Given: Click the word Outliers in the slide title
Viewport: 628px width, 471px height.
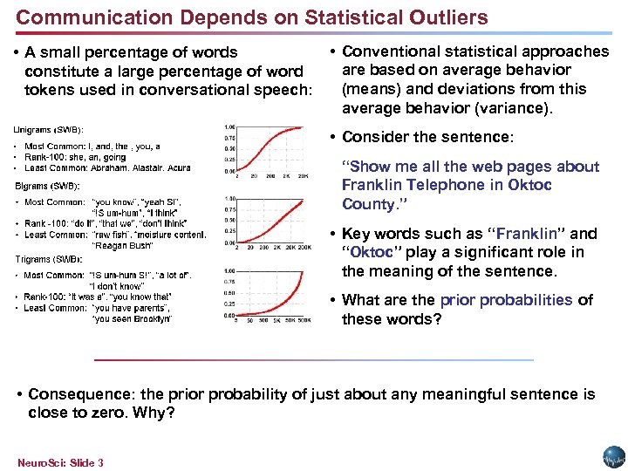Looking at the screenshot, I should click(440, 17).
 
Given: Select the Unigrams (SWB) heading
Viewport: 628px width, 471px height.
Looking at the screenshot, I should click(48, 129).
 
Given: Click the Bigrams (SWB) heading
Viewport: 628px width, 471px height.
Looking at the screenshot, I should click(48, 186).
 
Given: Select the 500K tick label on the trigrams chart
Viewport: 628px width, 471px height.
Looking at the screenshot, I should click(304, 321).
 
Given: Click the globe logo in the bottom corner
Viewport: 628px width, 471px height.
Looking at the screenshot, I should click(614, 457).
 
